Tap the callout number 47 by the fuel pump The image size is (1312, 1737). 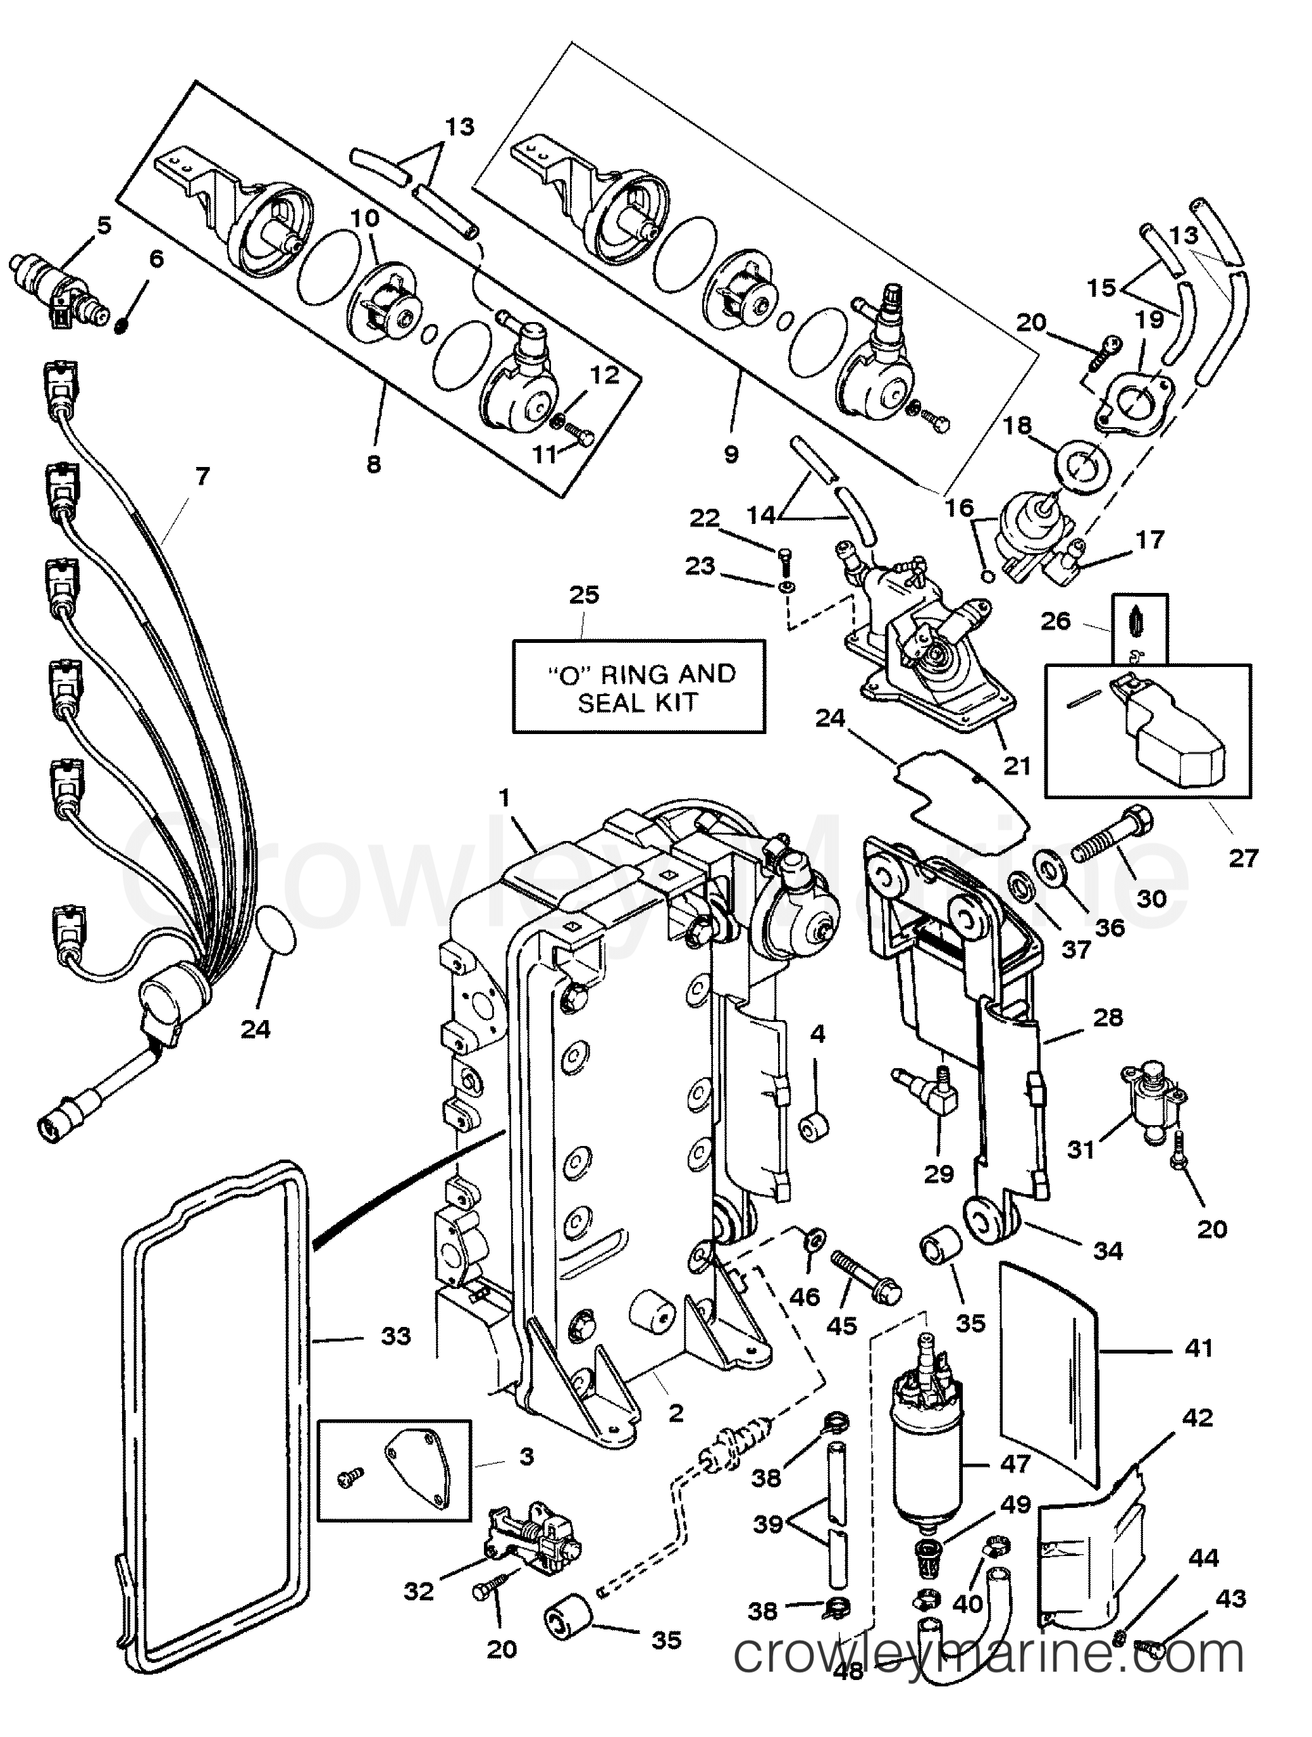[x=1013, y=1464]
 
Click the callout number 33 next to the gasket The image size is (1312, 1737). [x=396, y=1335]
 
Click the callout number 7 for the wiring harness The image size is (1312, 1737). [x=202, y=476]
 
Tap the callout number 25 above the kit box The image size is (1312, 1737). [x=583, y=594]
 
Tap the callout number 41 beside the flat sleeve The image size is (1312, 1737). [x=1198, y=1348]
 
